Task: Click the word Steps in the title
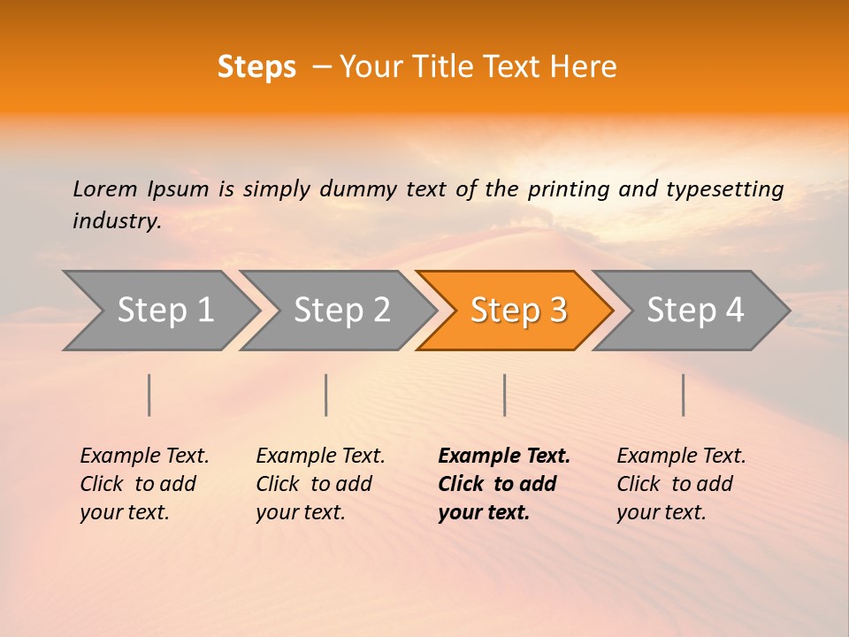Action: pos(256,67)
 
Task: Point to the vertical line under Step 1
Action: pos(149,395)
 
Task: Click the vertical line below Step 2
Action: pos(326,395)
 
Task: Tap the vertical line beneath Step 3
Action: pos(504,395)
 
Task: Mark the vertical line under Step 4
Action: pos(684,395)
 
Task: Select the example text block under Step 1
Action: pos(144,484)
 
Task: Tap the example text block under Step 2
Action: pos(320,484)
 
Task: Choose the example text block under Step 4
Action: pos(681,484)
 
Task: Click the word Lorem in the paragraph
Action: pos(104,188)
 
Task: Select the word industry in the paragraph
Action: pos(117,221)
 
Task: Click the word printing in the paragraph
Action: pos(570,188)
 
